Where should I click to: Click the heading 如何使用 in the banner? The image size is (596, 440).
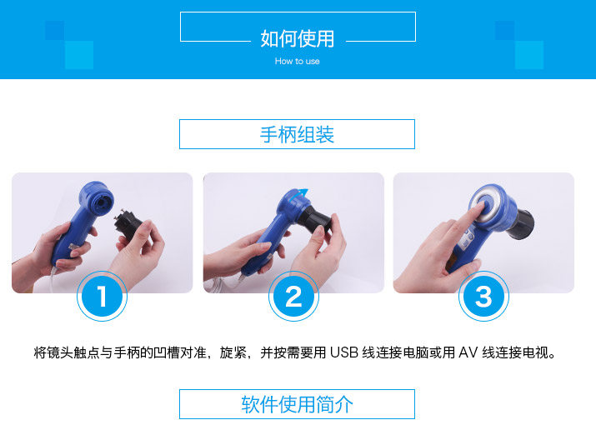click(298, 39)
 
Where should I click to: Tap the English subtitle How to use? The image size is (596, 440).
click(298, 61)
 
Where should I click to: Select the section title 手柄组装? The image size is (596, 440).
click(297, 134)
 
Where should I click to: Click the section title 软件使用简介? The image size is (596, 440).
click(297, 404)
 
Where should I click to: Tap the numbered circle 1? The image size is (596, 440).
click(102, 296)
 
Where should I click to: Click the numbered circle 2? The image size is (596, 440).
click(293, 296)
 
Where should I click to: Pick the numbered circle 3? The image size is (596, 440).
click(483, 296)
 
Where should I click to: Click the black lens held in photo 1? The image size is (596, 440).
click(128, 229)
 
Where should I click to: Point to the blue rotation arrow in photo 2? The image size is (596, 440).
click(298, 195)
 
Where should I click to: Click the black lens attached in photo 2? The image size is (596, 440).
click(314, 220)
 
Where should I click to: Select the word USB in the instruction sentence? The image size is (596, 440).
click(344, 352)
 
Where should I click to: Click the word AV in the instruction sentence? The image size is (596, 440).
click(468, 352)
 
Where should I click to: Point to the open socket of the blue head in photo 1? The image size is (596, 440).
click(103, 202)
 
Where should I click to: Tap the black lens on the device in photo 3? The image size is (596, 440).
click(521, 224)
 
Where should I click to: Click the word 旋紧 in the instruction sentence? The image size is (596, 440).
click(233, 352)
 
